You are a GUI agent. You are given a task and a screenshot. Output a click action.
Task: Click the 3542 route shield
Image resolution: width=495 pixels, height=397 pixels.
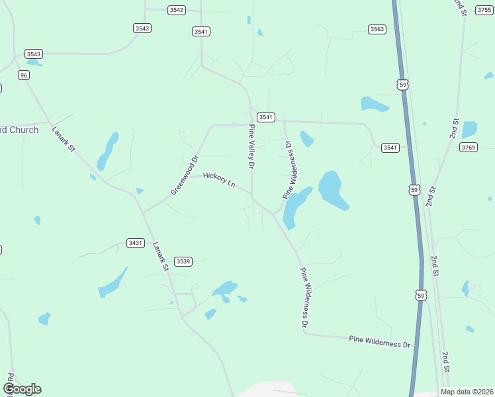(177, 10)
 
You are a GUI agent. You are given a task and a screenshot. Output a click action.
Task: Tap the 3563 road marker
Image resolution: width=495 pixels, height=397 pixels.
(377, 29)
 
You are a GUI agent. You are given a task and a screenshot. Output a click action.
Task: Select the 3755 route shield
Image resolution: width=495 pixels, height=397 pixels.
(484, 10)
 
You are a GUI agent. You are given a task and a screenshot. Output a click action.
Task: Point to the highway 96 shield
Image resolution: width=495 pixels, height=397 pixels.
(24, 75)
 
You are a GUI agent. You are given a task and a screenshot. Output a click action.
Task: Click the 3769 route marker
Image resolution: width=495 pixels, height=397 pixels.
(469, 147)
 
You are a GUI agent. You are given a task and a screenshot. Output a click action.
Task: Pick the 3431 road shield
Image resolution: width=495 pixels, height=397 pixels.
(135, 243)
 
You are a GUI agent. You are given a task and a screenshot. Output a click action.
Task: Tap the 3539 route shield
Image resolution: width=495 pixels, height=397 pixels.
(183, 261)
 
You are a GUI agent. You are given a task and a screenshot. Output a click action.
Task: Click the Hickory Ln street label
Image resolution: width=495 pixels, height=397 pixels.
(219, 179)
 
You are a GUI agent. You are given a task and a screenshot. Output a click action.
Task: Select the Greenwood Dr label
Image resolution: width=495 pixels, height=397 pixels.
(185, 175)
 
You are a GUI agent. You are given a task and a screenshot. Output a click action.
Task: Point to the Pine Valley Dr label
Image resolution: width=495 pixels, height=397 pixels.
(251, 147)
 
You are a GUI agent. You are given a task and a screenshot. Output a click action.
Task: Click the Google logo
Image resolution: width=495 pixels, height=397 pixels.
(22, 389)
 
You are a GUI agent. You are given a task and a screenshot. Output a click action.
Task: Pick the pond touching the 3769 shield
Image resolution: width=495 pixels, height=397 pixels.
(469, 130)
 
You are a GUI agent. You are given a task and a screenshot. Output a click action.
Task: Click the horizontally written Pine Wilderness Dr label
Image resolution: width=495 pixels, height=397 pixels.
(380, 341)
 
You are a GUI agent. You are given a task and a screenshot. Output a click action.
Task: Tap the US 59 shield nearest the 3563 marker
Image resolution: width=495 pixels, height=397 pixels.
(402, 84)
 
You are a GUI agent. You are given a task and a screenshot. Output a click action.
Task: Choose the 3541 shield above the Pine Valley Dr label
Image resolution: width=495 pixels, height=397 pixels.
(265, 117)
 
